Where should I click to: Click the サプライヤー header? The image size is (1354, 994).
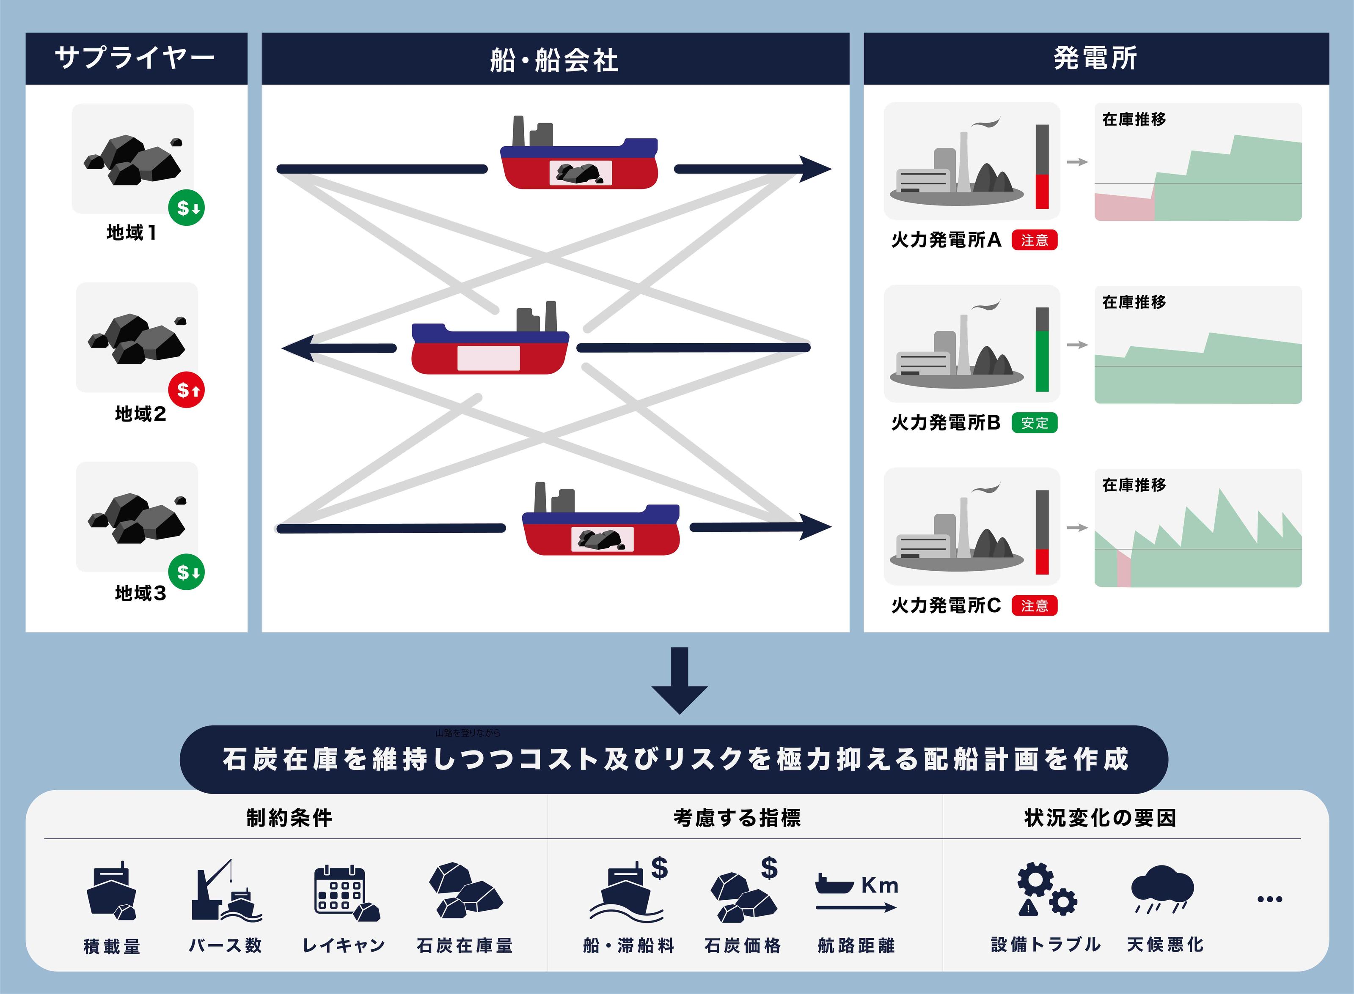(135, 58)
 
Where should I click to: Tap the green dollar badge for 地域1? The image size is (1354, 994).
(187, 208)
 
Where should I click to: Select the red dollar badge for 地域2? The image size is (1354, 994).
(187, 390)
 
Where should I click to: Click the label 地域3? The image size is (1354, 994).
(140, 593)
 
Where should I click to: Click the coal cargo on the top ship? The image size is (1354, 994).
(580, 173)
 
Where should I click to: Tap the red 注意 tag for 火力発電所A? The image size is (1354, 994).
(1034, 240)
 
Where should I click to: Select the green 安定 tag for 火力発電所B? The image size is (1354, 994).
(1034, 423)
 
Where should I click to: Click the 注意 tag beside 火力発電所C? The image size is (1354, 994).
(1034, 605)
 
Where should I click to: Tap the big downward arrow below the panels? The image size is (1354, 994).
(679, 680)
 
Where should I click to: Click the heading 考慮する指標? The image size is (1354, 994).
(737, 818)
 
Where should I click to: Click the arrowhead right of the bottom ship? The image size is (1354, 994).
(816, 527)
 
